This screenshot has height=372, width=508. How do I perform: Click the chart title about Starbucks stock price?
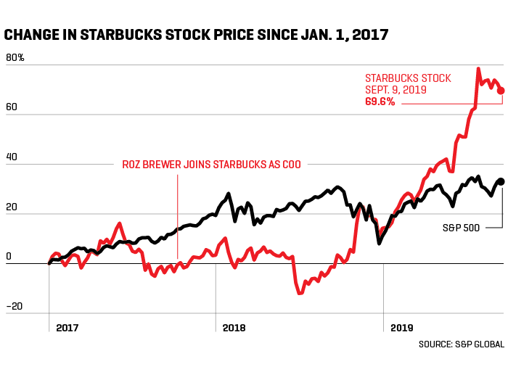coord(196,33)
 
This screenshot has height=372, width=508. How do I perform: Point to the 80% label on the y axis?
coord(15,57)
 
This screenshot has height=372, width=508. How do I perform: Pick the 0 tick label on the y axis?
coord(9,255)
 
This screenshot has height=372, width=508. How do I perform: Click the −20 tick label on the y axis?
coord(14,305)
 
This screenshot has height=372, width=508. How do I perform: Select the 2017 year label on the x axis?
coord(67,328)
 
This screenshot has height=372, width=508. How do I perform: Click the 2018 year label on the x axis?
coord(234,328)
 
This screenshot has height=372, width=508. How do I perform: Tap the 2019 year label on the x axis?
coord(401,328)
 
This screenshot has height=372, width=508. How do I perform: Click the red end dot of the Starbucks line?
coord(501,91)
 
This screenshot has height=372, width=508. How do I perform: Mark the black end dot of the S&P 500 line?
coord(501,181)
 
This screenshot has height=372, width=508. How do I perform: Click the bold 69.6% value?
coord(380,102)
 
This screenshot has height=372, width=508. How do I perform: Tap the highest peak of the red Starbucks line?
coord(478,69)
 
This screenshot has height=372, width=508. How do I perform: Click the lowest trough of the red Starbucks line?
coord(299,293)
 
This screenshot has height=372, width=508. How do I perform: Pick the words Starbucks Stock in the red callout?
coord(408,78)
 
